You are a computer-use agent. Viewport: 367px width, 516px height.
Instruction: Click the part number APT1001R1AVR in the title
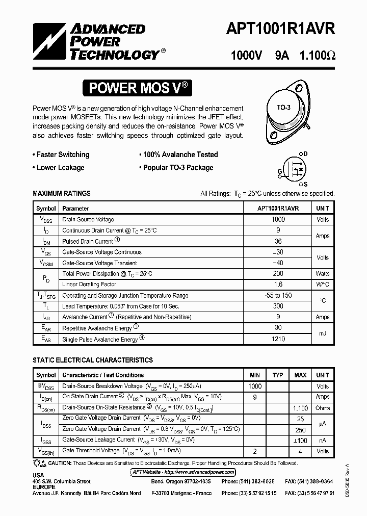point(280,30)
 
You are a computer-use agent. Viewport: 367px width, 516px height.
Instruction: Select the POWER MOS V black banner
point(139,88)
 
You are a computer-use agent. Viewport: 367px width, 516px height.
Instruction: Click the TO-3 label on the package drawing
point(283,108)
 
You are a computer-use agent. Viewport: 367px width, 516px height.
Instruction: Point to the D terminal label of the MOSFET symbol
point(305,153)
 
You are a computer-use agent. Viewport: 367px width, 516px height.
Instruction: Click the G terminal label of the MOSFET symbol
point(280,171)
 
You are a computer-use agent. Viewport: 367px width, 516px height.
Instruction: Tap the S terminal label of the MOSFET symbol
point(305,185)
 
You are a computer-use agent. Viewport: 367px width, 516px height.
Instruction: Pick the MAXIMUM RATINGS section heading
point(62,193)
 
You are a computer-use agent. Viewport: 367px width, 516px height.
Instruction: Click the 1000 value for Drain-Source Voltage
point(278,219)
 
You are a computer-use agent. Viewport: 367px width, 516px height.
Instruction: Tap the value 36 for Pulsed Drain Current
point(278,241)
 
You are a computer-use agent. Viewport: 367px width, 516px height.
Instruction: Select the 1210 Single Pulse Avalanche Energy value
point(278,339)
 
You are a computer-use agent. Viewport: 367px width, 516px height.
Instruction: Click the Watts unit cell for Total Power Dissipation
point(322,274)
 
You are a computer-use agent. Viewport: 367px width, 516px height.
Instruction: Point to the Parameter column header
point(75,209)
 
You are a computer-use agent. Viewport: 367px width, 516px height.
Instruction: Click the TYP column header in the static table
point(277,375)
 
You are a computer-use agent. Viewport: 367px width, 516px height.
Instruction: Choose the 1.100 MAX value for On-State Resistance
point(300,408)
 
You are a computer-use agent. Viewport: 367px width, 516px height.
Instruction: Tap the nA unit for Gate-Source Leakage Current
point(322,440)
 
